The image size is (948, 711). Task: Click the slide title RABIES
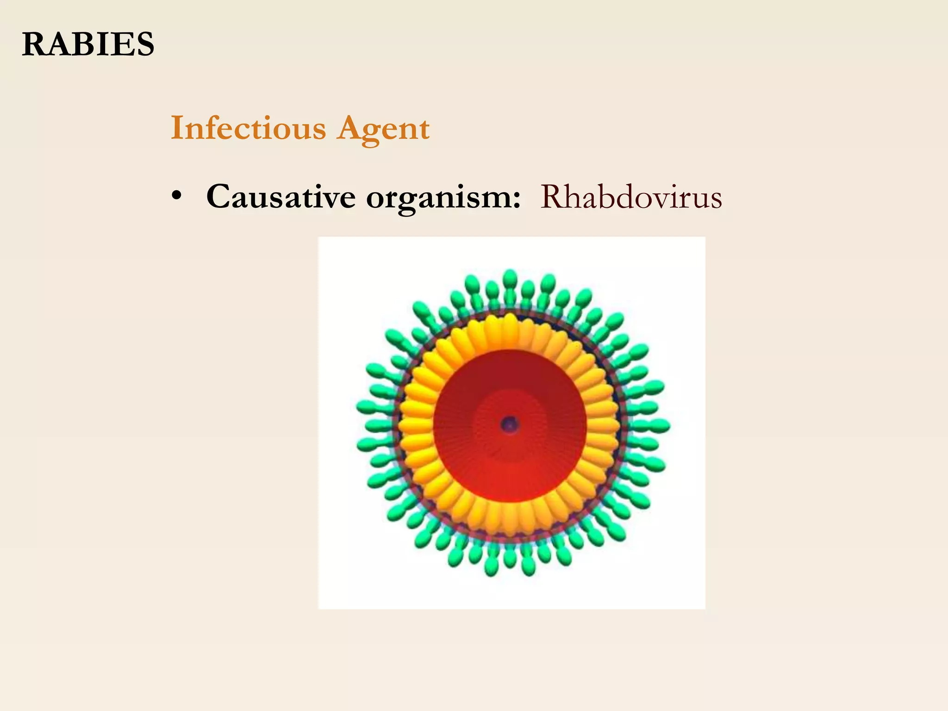88,44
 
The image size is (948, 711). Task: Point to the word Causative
281,196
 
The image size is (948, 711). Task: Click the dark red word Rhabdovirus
631,197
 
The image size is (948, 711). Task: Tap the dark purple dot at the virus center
510,424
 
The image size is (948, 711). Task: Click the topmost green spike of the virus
510,278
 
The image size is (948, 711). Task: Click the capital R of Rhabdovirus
551,197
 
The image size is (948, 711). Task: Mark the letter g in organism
403,202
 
